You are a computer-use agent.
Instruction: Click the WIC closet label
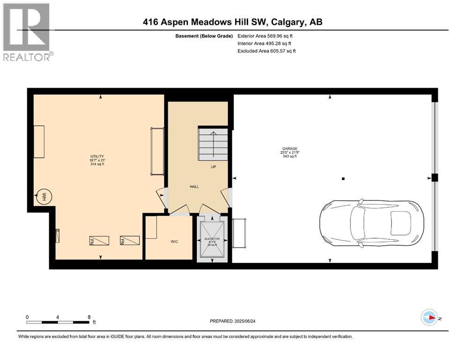pos(174,241)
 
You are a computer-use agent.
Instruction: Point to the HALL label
pos(194,187)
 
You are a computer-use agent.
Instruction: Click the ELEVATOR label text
pos(213,239)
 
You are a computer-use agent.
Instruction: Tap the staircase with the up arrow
pos(213,144)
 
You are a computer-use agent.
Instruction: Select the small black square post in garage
pos(343,179)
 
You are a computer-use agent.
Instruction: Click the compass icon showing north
pos(428,317)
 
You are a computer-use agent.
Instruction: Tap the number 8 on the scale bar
pos(89,317)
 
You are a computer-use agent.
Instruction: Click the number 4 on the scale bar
pos(58,317)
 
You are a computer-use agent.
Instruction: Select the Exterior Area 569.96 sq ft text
pos(265,36)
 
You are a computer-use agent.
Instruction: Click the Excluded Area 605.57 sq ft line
pos(266,51)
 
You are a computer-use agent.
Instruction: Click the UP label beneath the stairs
pos(213,166)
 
